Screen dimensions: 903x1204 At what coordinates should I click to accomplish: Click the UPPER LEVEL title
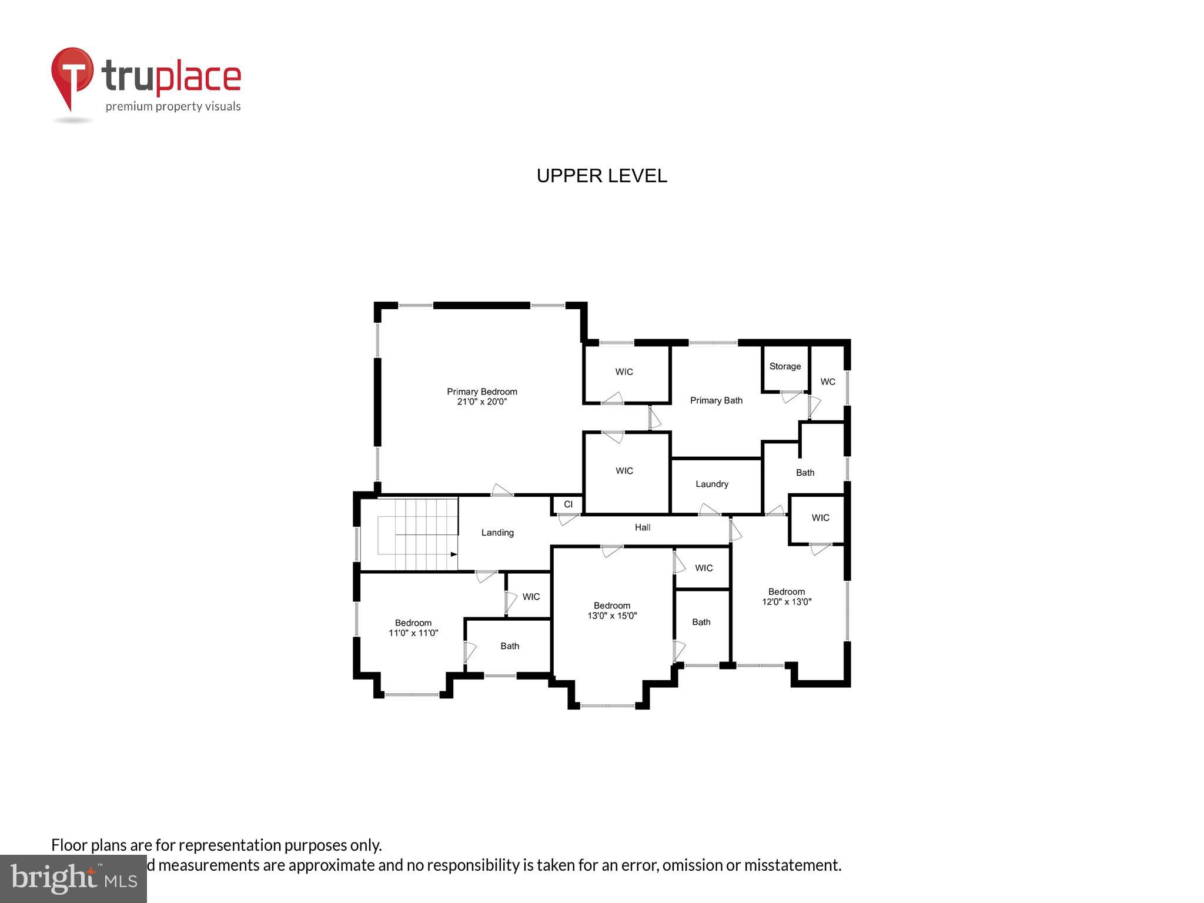(x=601, y=176)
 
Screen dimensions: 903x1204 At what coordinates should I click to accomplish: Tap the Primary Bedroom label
(x=481, y=392)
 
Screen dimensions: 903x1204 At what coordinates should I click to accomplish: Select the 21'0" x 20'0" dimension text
(x=481, y=402)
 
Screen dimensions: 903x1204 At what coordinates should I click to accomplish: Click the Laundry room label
(x=711, y=484)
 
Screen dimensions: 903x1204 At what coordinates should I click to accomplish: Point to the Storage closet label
(x=785, y=366)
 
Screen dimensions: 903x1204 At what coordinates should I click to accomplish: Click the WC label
(x=828, y=382)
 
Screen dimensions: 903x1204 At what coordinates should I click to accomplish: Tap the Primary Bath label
(x=715, y=400)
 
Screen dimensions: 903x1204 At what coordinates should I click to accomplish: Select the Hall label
(x=642, y=527)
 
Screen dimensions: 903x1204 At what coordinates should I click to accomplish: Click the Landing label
(x=497, y=533)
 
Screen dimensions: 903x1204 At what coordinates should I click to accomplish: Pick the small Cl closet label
(x=568, y=504)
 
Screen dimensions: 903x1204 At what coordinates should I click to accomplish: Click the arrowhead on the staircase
(x=454, y=554)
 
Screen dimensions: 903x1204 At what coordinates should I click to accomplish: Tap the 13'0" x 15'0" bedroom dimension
(x=612, y=616)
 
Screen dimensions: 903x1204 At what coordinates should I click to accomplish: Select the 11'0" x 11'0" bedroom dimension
(x=413, y=633)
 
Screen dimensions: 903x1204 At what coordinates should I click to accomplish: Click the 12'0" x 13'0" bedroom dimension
(x=787, y=602)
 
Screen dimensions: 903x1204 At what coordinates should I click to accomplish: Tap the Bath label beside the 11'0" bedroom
(x=510, y=646)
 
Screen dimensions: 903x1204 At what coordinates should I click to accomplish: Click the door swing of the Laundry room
(x=709, y=510)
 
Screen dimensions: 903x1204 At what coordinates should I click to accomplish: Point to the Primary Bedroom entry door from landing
(x=501, y=490)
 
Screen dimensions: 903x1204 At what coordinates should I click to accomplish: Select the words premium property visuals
(x=173, y=106)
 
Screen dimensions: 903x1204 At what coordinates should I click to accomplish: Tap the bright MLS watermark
(x=73, y=878)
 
